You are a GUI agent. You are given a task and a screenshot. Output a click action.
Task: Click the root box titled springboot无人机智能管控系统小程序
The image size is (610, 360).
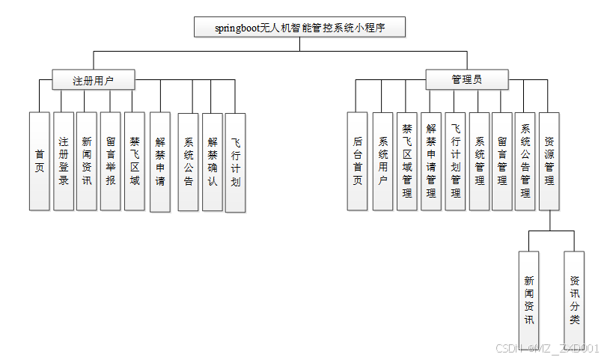(299, 28)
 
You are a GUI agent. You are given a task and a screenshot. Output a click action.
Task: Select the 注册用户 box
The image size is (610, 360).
(94, 79)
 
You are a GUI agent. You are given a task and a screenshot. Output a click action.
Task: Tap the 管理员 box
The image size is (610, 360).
(467, 79)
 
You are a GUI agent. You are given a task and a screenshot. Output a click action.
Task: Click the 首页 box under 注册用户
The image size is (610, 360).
(39, 161)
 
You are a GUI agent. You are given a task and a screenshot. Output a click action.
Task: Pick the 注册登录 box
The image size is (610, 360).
(64, 161)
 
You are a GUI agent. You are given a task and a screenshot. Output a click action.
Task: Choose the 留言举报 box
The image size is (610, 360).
(110, 161)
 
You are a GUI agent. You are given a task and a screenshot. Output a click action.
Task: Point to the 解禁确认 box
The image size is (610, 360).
(213, 161)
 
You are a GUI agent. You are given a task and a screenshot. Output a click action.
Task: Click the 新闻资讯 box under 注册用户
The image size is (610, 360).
(87, 161)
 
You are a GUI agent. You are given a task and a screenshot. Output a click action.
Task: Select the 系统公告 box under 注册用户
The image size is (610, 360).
(189, 161)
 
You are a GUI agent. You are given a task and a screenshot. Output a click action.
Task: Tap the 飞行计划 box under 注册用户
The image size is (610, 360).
(235, 162)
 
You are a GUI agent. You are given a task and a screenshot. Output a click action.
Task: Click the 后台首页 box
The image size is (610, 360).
(358, 161)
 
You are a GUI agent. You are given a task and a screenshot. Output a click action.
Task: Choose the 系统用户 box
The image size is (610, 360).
(383, 161)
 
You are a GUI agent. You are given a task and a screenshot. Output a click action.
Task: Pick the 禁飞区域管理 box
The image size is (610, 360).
(406, 161)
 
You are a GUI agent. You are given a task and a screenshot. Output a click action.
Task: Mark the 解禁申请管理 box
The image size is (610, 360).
(430, 161)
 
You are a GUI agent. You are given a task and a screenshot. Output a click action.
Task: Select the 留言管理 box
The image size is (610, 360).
(502, 161)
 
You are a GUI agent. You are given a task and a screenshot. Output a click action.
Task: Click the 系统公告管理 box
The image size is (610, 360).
(525, 161)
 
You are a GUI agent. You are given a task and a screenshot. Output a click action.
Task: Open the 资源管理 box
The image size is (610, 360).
(549, 161)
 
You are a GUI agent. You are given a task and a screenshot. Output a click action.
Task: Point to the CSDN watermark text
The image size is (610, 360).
(548, 348)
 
